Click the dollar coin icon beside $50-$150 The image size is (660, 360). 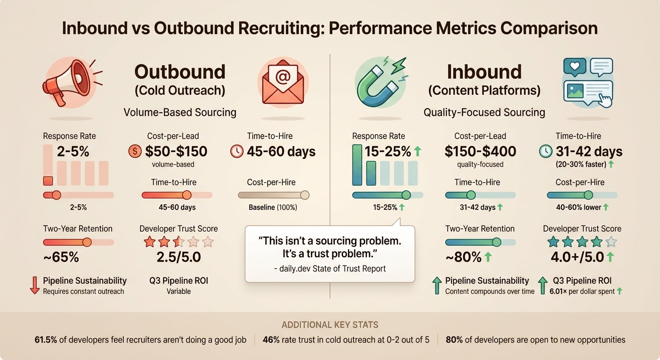pyautogui.click(x=135, y=151)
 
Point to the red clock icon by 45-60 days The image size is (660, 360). pyautogui.click(x=237, y=151)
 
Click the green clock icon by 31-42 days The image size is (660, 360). pyautogui.click(x=546, y=151)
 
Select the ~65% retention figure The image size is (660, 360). pyautogui.click(x=61, y=257)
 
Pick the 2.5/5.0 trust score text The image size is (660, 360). pyautogui.click(x=179, y=257)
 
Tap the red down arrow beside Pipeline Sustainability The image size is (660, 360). pyautogui.click(x=35, y=285)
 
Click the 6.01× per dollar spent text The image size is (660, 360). pyautogui.click(x=582, y=291)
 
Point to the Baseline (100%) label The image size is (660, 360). pyautogui.click(x=273, y=207)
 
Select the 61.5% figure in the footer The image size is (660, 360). pyautogui.click(x=46, y=340)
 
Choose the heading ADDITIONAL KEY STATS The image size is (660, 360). pyautogui.click(x=330, y=325)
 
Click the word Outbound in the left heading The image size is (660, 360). pyautogui.click(x=180, y=72)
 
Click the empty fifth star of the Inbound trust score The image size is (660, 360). pyautogui.click(x=611, y=242)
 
